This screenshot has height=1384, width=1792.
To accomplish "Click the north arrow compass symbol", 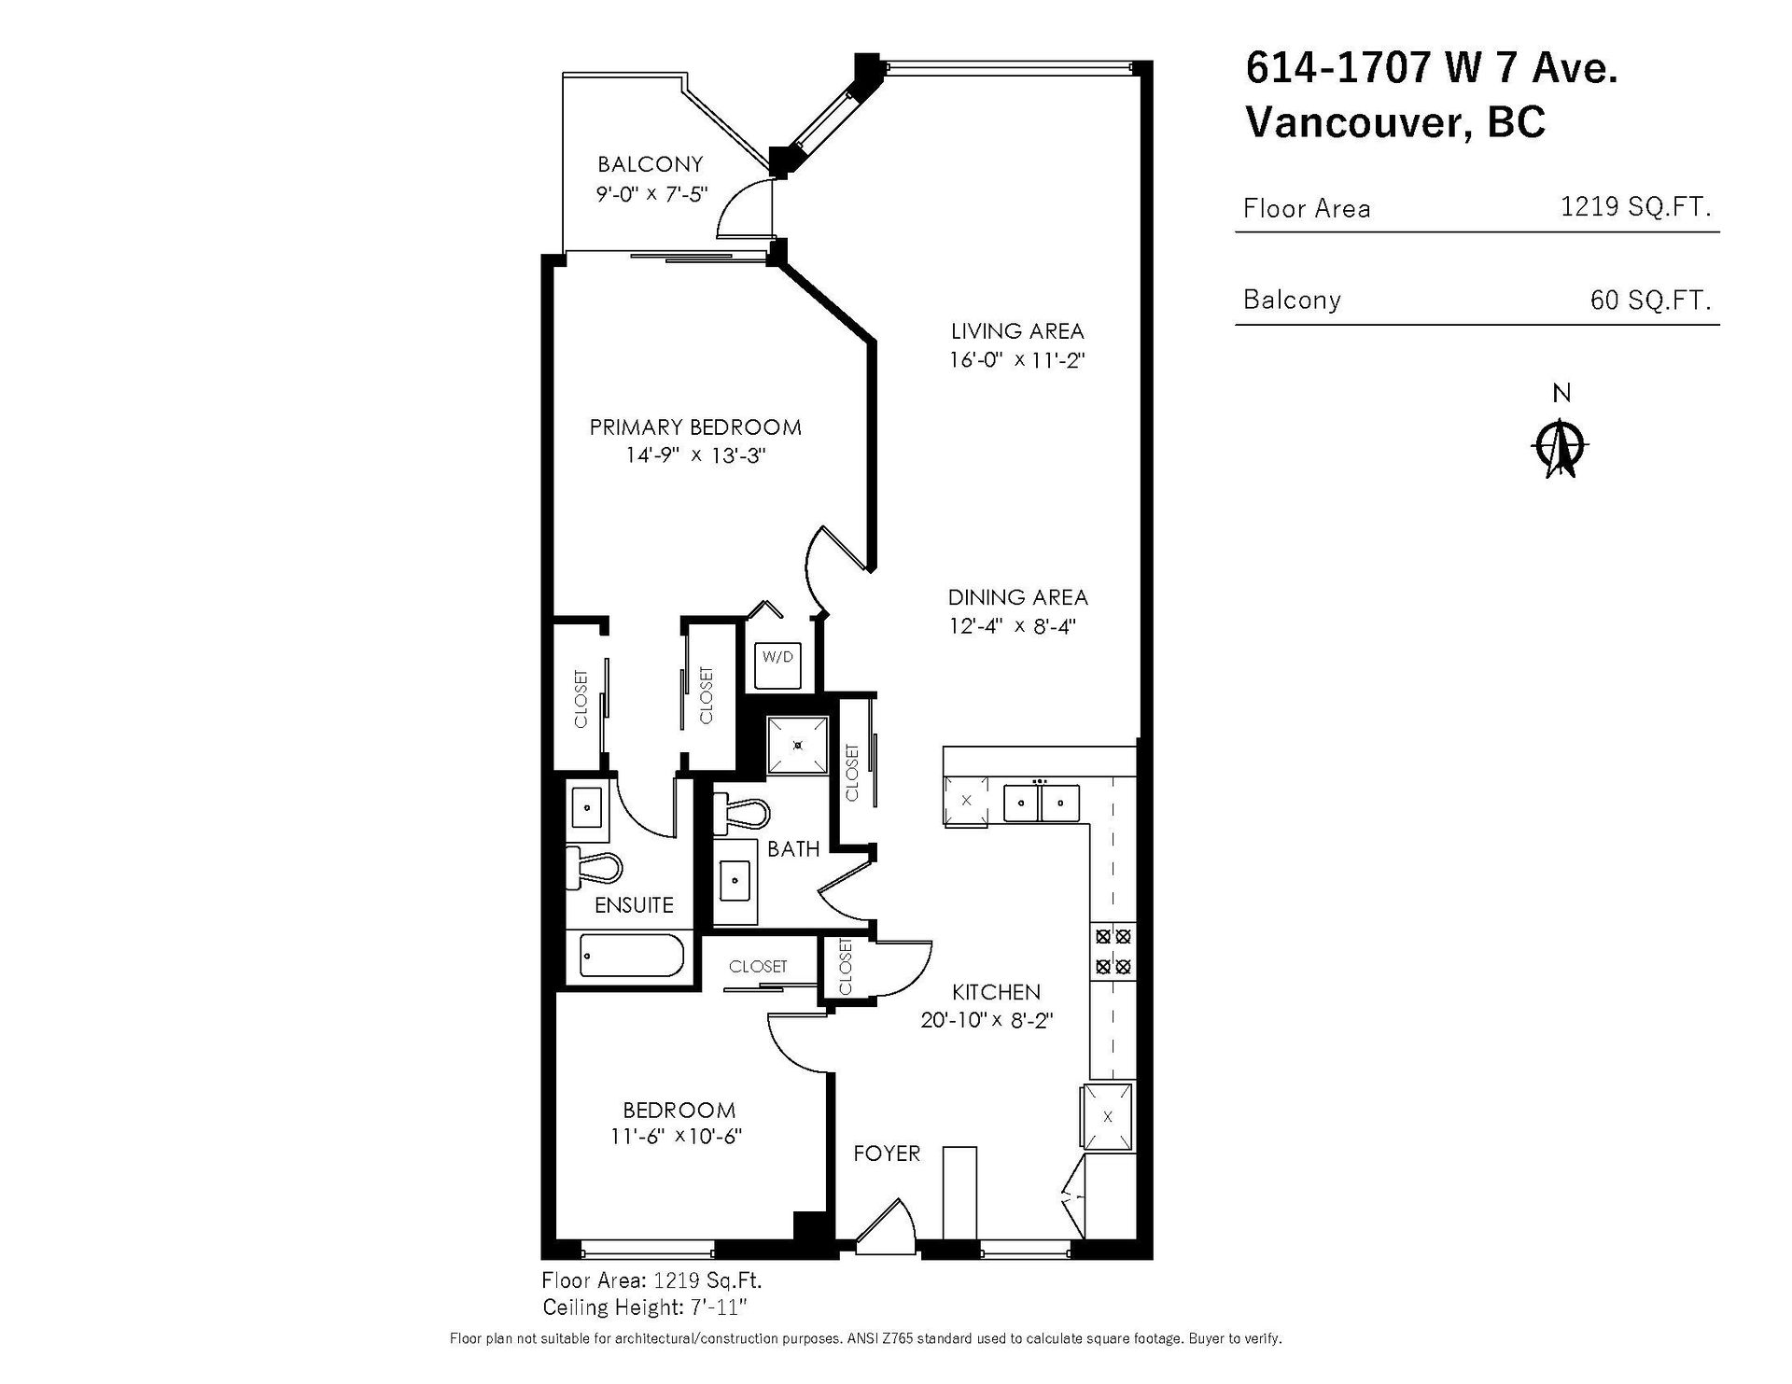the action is [1561, 449].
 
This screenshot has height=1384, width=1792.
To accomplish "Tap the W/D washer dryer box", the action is [777, 664].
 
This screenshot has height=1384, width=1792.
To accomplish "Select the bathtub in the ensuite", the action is [632, 957].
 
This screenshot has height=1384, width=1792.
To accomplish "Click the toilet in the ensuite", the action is [594, 869].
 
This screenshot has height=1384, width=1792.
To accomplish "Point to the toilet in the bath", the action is [740, 813].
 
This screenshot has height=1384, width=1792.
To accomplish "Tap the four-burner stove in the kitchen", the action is [1113, 951].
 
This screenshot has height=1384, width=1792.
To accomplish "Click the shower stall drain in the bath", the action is [798, 745].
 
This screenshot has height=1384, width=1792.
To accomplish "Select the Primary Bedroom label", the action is [695, 427].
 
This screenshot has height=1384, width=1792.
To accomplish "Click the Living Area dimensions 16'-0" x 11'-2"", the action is [1017, 359].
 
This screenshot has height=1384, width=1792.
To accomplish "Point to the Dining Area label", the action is [1018, 597].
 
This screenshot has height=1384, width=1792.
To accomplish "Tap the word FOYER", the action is [887, 1153].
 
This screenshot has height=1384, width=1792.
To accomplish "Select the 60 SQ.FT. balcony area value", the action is [1651, 300].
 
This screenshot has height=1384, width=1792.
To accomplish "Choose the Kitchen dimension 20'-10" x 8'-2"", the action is [987, 1020].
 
